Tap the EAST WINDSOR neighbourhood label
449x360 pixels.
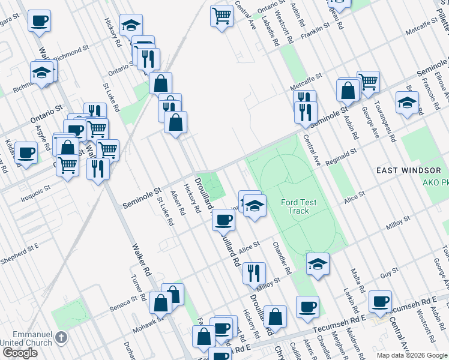(409, 170)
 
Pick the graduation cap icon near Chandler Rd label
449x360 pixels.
(318, 263)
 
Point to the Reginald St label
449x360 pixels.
(341, 157)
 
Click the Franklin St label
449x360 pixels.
(316, 28)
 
